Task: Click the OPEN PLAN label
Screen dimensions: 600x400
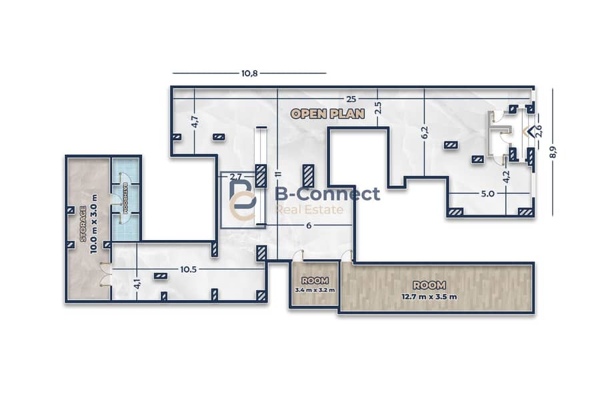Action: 327,114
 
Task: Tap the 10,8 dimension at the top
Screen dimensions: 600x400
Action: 249,73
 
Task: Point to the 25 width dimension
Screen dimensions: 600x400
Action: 351,99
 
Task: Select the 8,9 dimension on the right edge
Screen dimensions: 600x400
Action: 553,152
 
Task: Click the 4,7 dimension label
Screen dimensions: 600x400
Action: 195,121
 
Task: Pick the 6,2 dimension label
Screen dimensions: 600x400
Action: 425,133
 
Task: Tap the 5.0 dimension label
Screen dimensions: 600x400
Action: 487,194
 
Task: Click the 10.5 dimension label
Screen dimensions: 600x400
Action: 188,269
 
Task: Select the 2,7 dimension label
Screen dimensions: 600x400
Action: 236,177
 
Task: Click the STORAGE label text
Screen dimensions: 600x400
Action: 83,224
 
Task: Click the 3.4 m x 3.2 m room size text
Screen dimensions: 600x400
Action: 315,290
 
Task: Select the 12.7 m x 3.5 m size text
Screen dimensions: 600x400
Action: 429,297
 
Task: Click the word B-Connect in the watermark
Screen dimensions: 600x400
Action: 327,194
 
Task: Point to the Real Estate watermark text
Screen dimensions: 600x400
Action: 309,209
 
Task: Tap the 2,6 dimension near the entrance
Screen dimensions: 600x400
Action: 539,131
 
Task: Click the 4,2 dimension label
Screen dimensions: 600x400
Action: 506,177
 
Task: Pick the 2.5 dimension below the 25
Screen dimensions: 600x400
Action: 378,108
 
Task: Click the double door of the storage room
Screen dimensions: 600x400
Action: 105,275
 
